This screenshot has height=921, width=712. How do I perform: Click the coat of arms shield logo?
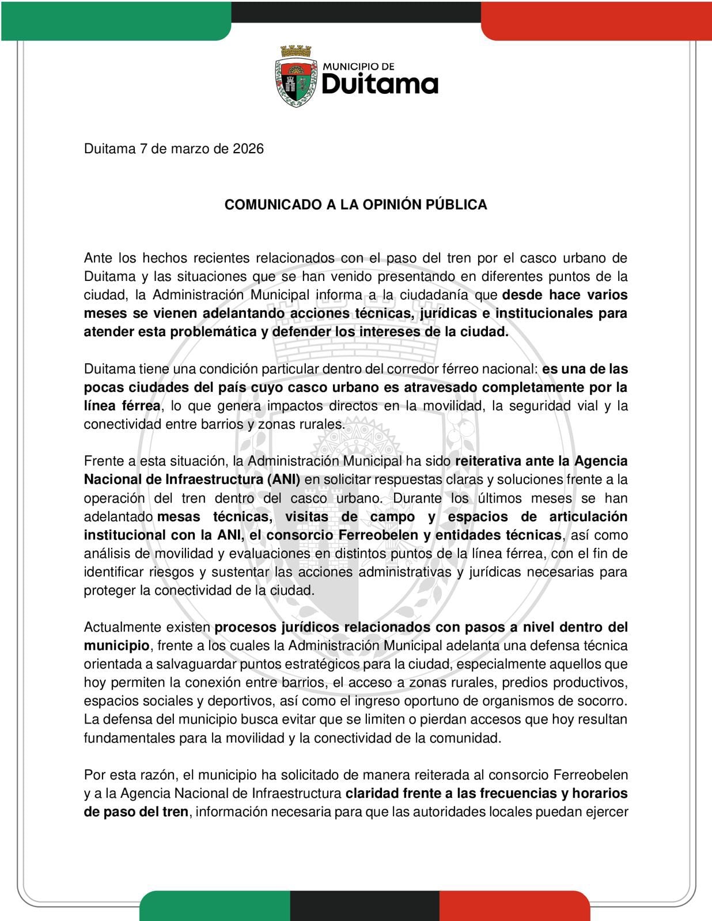click(296, 77)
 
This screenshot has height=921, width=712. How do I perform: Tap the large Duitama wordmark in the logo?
click(380, 84)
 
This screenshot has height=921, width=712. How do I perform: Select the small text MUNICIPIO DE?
click(358, 67)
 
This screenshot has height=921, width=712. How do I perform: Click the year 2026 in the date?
click(248, 149)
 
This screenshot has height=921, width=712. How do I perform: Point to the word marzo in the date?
click(191, 149)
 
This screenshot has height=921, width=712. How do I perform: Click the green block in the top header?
click(115, 20)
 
